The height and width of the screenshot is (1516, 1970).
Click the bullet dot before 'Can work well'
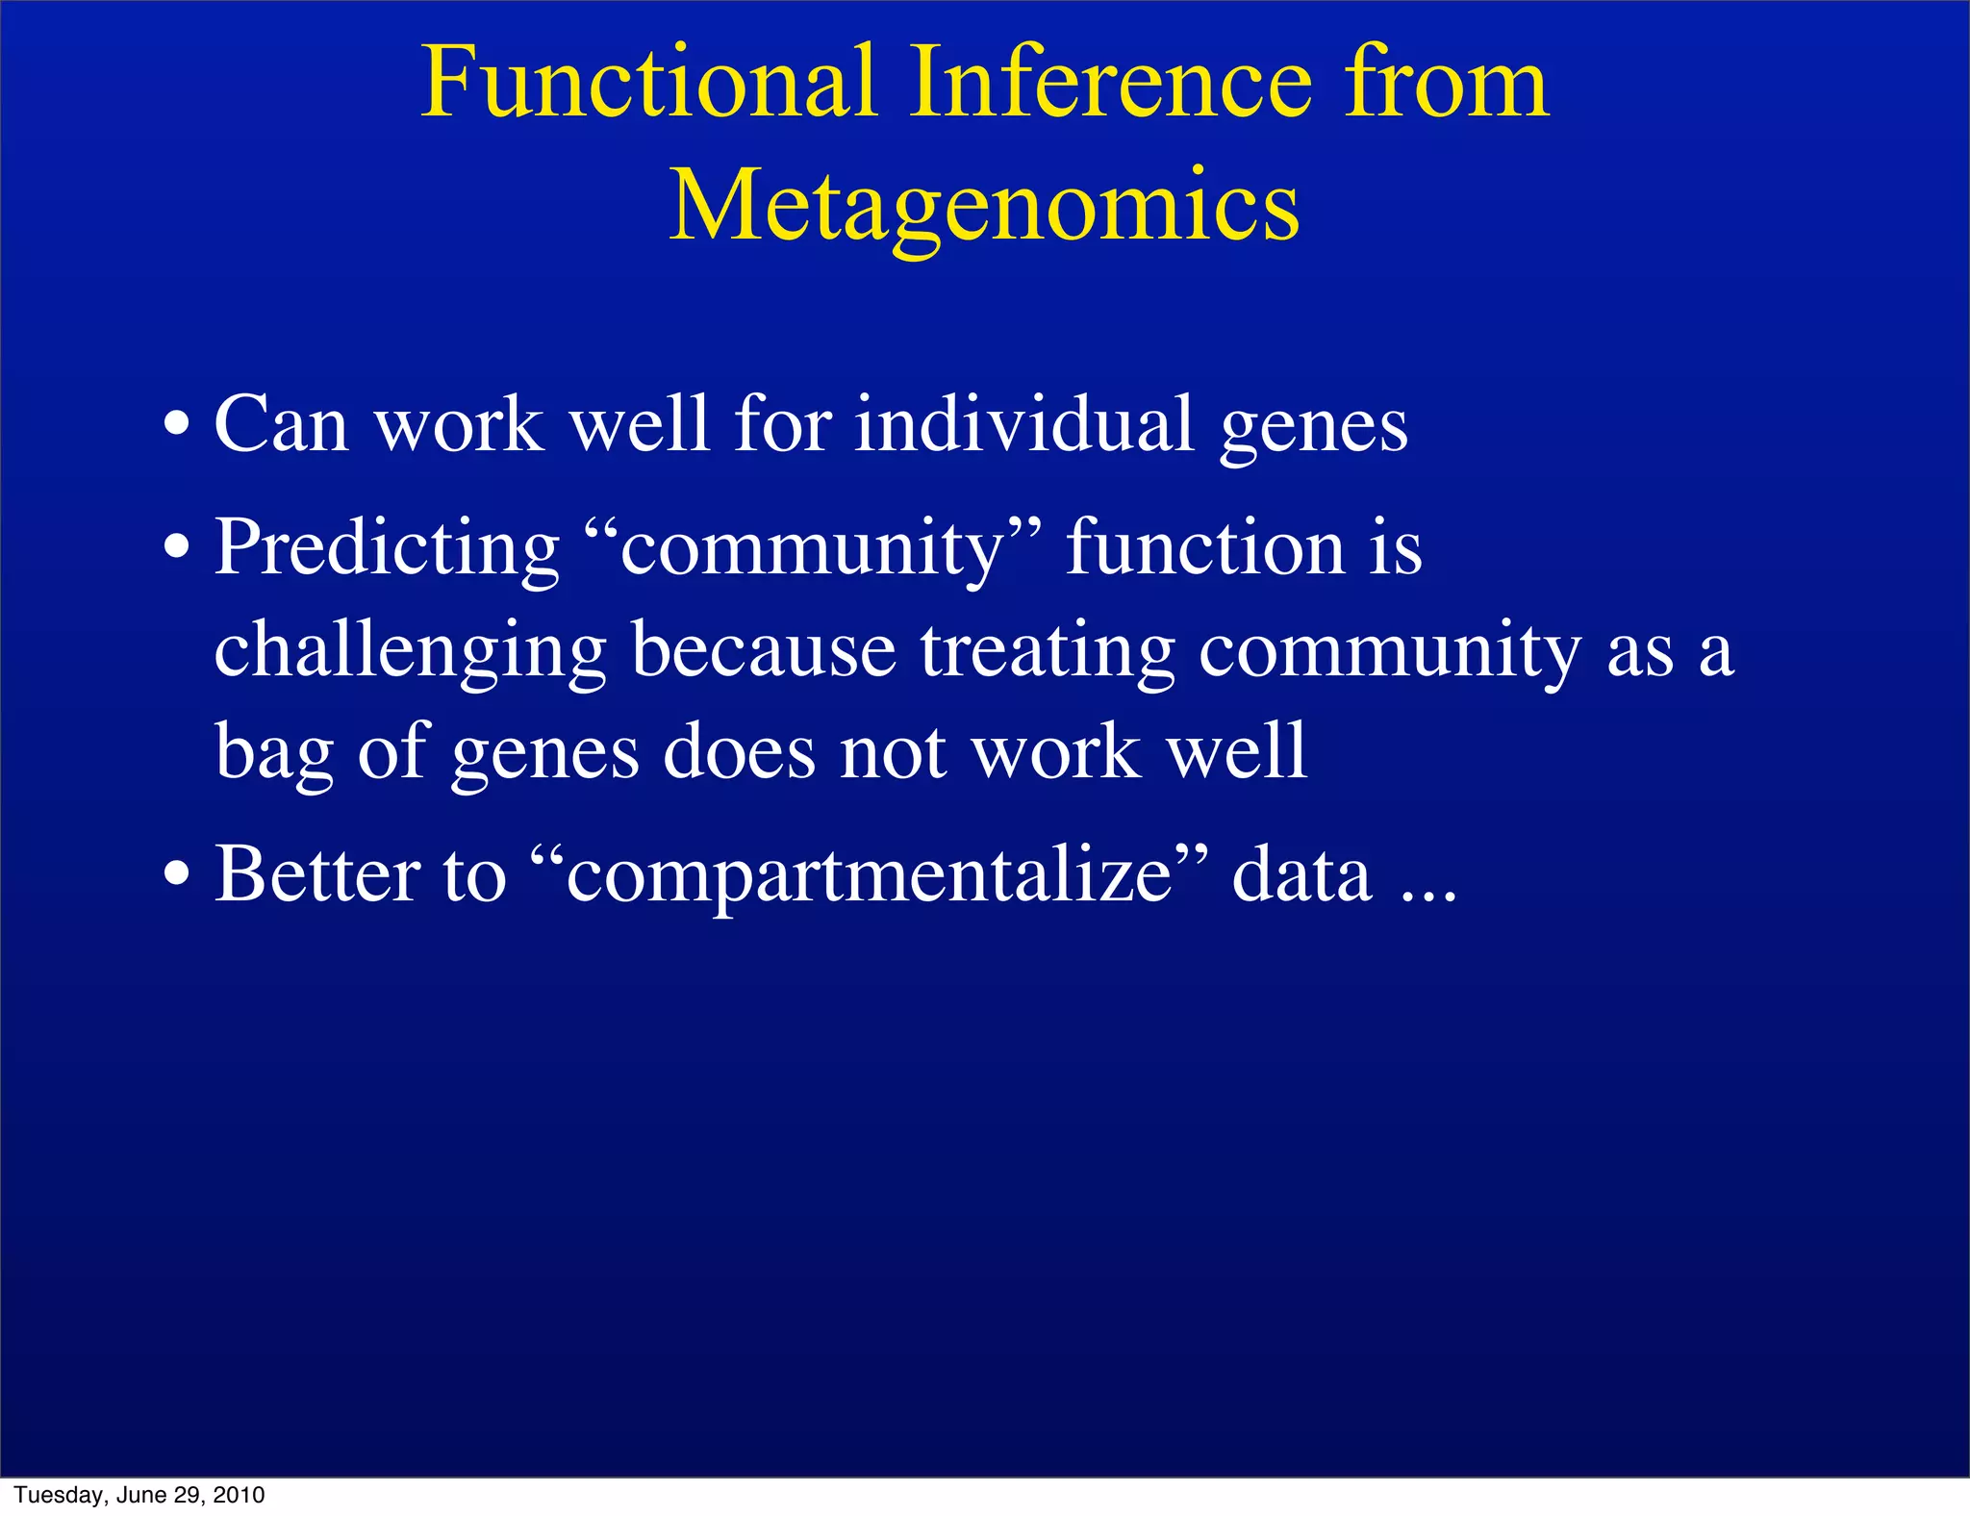(176, 424)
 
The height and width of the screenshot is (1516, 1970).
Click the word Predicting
(386, 548)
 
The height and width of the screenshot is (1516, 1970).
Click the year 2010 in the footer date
(239, 1495)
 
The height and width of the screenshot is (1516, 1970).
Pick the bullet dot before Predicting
(176, 547)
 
